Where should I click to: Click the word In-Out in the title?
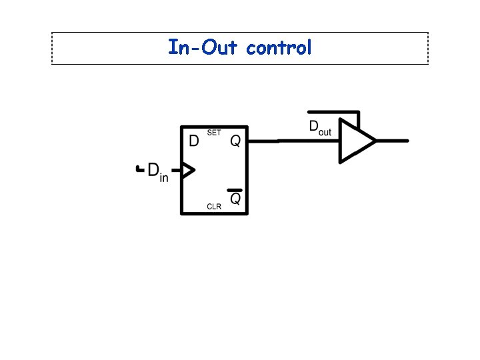[204, 48]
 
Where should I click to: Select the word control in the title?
[279, 48]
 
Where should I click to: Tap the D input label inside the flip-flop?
[194, 141]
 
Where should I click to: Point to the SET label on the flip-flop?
[213, 133]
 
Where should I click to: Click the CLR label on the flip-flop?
[213, 207]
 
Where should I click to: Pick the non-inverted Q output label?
[235, 141]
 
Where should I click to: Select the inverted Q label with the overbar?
[235, 199]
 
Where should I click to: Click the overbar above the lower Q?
[235, 190]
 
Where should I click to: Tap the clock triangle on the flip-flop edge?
[187, 171]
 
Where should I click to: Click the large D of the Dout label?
[313, 127]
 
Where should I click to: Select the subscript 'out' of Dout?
[325, 132]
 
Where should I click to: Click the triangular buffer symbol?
[356, 141]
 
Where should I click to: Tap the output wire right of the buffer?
[393, 141]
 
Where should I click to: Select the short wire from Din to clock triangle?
[176, 171]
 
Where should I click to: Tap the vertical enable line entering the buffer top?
[358, 121]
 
